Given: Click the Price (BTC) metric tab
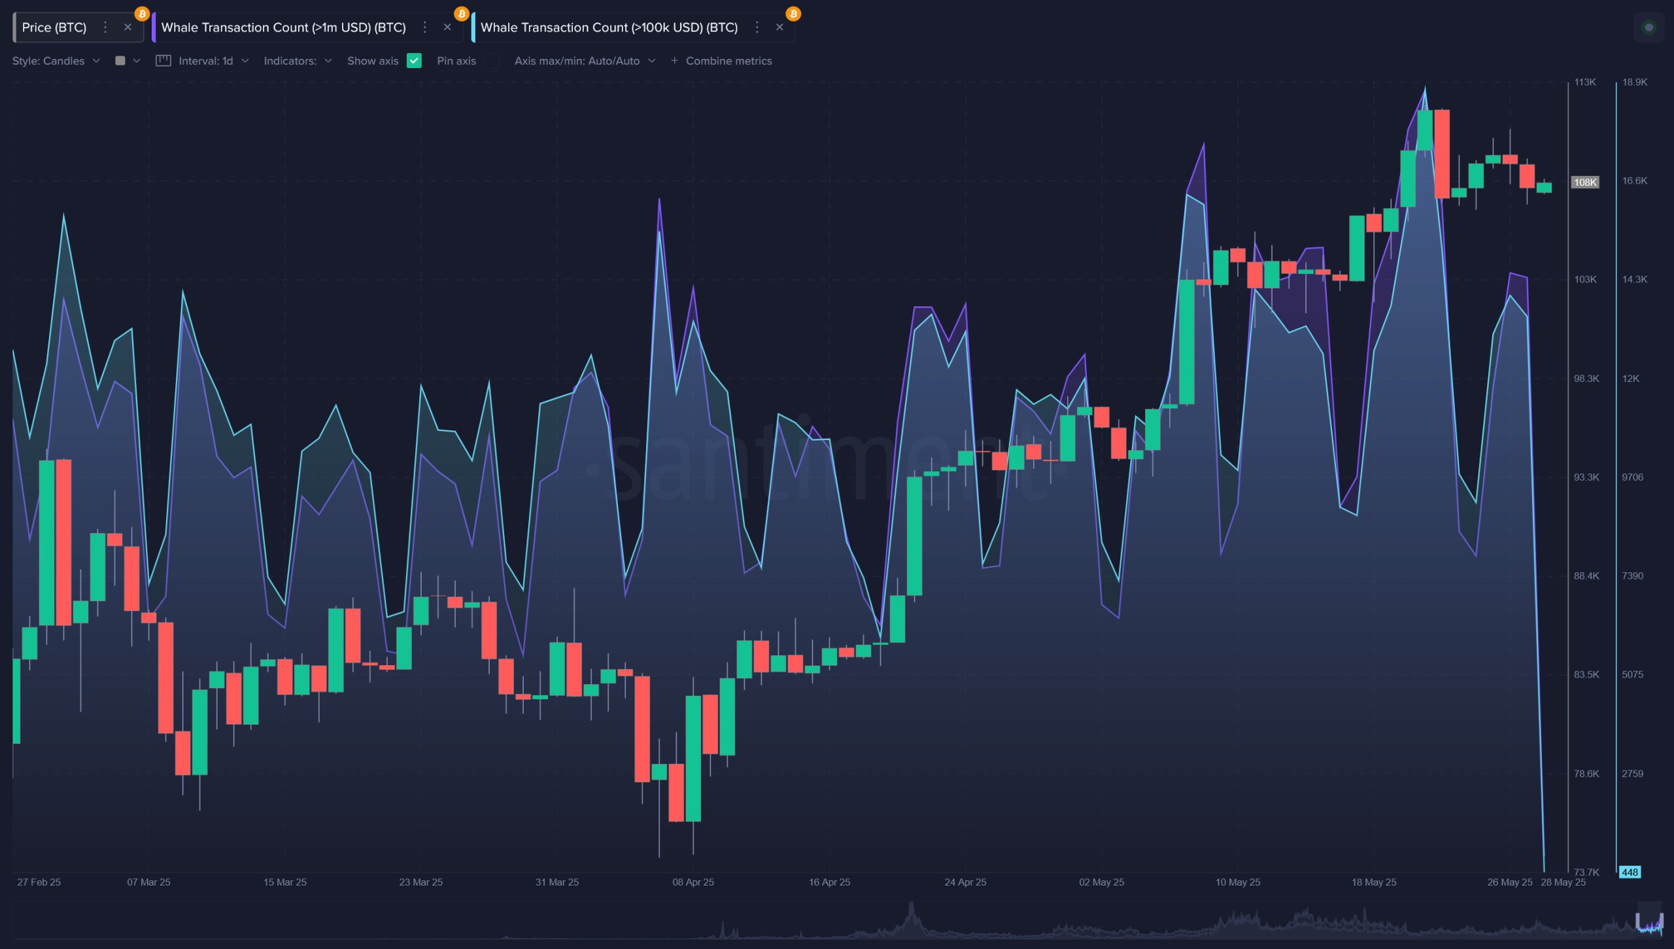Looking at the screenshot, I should [54, 27].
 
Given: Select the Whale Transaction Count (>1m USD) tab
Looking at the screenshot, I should [283, 27].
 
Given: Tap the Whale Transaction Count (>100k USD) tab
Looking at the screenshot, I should [609, 27].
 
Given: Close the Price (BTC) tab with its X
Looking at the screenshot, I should [128, 27].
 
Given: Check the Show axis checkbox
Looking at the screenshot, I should [414, 61].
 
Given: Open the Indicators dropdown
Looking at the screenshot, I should [298, 61].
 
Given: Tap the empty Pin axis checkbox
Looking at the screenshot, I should [492, 61].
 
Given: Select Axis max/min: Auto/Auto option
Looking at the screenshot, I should [585, 61].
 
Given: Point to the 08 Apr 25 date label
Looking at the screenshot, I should [693, 882].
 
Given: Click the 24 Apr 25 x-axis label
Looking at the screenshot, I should [965, 882].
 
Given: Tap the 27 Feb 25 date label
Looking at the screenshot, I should [39, 882].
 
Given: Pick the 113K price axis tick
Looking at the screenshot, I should [1585, 82].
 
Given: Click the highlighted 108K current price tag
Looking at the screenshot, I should [1585, 182].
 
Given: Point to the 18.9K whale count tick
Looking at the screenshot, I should [1635, 82].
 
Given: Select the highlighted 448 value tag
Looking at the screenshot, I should [1630, 872].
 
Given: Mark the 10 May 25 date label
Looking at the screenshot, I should [1238, 882].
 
